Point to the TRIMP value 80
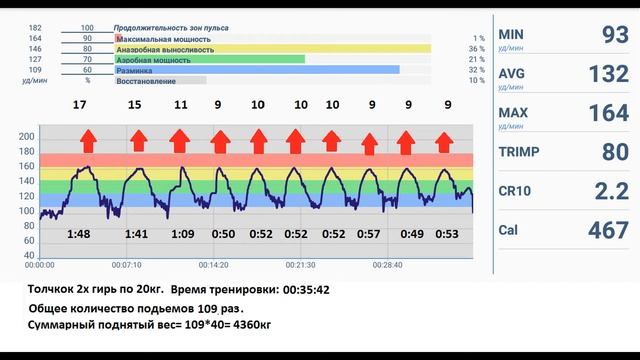608,153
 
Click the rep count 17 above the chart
79,104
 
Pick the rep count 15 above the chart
134,104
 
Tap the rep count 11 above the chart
180,104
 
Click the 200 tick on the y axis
27,136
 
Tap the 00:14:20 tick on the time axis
213,265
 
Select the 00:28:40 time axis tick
387,265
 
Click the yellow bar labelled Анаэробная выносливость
273,48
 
